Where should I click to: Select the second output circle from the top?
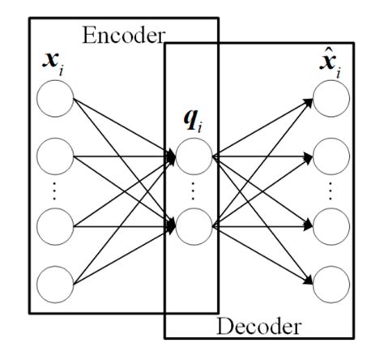(x=333, y=156)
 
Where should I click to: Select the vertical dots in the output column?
(x=333, y=191)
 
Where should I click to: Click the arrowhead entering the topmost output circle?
(x=311, y=101)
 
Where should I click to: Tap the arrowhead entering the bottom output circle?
(x=311, y=280)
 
